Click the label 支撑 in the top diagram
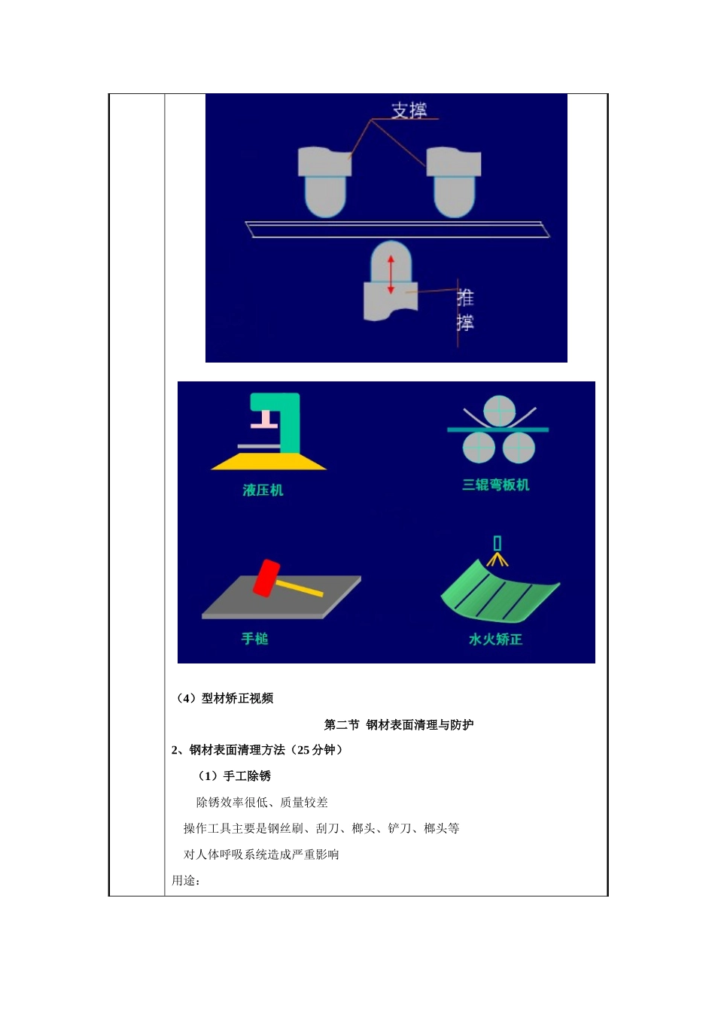(409, 111)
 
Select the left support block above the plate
(324, 181)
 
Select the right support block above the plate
(454, 181)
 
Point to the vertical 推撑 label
(465, 310)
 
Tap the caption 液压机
(263, 490)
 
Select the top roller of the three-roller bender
(499, 411)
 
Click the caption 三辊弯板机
(495, 485)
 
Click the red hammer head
(266, 578)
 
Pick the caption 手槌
(254, 639)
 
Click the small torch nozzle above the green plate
(497, 544)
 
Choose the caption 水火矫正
(495, 639)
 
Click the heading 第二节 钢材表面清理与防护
(399, 725)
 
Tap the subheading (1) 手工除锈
(234, 776)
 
